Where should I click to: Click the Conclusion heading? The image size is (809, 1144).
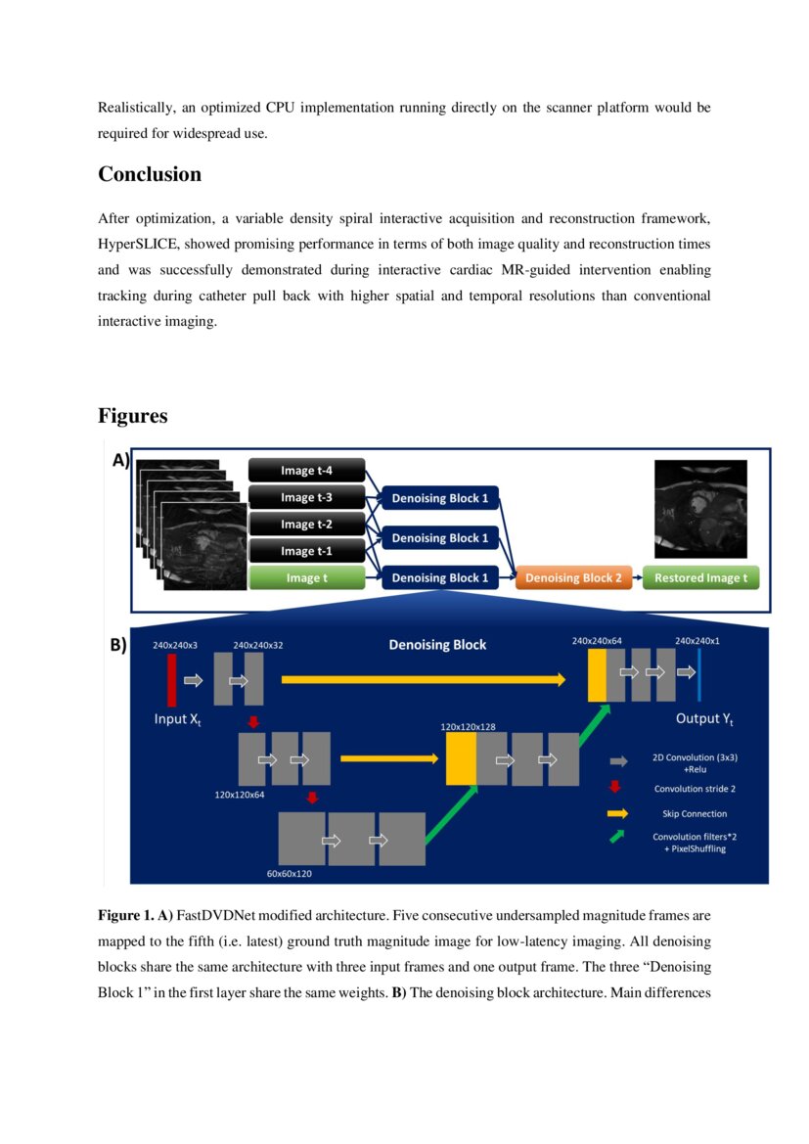[150, 174]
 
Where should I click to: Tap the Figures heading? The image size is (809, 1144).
[132, 416]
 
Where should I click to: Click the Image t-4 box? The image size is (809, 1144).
[306, 470]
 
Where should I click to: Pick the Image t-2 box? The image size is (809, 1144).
[306, 525]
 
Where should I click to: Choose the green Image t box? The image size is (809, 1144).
[306, 578]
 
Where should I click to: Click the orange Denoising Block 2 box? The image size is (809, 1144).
[573, 578]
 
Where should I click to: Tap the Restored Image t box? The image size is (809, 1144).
[700, 578]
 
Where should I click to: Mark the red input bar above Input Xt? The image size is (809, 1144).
[172, 679]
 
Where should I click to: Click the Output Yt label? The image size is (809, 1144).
[704, 719]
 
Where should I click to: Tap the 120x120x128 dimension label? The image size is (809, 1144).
[468, 727]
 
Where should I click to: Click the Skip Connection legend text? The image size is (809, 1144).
[690, 813]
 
